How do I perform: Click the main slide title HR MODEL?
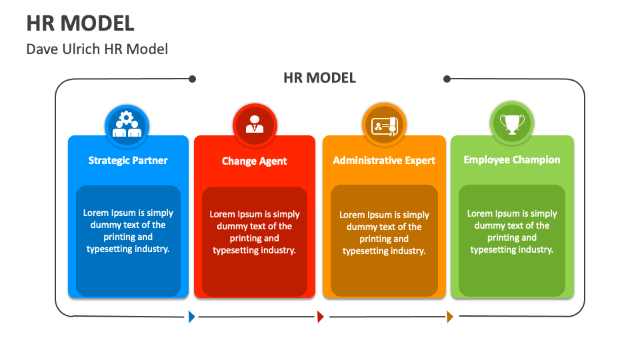80,23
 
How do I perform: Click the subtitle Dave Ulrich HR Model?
97,49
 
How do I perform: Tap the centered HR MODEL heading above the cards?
319,78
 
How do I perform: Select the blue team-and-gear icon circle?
127,125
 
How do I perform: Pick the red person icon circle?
254,125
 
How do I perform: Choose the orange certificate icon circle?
384,125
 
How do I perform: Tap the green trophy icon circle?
512,124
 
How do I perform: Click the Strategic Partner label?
128,160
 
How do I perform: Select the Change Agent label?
254,161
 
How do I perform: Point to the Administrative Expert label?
384,160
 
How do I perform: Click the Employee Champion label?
512,159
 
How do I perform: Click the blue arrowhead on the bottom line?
192,317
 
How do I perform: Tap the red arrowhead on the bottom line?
321,317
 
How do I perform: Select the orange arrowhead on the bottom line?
450,317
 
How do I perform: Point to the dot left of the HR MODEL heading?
192,79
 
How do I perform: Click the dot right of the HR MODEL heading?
447,79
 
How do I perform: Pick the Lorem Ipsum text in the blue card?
128,231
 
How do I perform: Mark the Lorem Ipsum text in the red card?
254,232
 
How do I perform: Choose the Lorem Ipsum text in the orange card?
384,233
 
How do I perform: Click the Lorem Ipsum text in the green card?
512,231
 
